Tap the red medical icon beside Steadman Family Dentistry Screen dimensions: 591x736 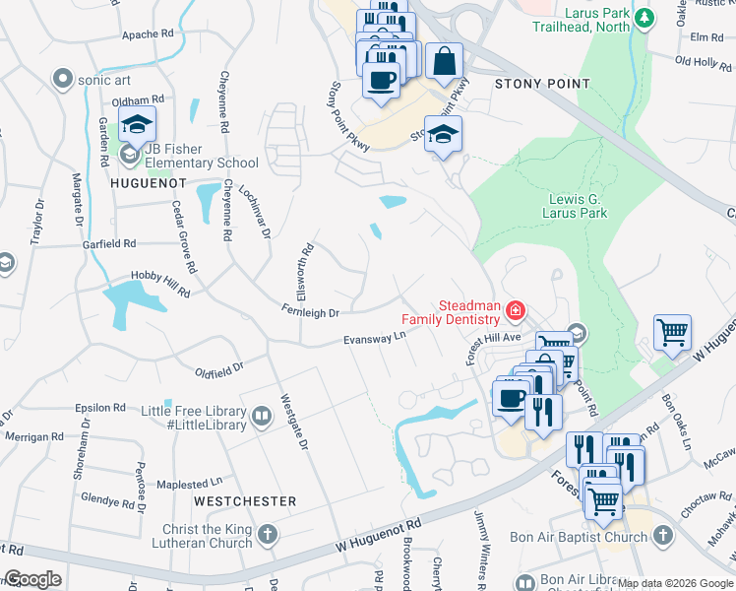[514, 312]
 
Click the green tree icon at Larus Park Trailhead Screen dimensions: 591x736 [644, 18]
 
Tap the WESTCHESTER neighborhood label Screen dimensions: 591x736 [245, 501]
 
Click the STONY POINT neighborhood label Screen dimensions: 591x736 [541, 85]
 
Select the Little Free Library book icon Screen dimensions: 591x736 [262, 417]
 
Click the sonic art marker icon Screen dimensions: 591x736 [64, 78]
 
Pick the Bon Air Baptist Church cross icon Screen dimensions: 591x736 [663, 537]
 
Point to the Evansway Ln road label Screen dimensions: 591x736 [374, 339]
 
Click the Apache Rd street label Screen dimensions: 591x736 [148, 34]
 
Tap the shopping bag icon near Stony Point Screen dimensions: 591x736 [444, 60]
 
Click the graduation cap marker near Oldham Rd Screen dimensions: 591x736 [137, 124]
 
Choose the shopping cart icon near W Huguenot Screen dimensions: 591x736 [672, 332]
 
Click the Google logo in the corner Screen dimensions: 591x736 [32, 579]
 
